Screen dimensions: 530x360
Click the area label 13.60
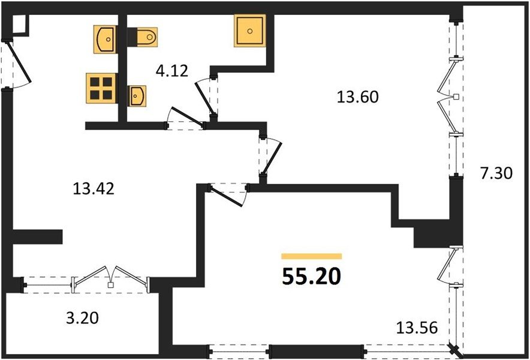click(x=357, y=97)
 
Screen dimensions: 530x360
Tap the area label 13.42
click(x=94, y=188)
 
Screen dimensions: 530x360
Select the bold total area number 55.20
click(x=311, y=277)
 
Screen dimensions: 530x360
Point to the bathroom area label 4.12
click(x=171, y=71)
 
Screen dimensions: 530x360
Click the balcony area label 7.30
click(x=496, y=173)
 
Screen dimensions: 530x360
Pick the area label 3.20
click(x=82, y=318)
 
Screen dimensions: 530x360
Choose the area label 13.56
click(x=417, y=328)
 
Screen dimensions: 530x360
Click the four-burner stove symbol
click(x=101, y=88)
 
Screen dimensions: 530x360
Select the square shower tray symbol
click(x=250, y=31)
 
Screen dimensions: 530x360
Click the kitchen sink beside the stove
click(x=105, y=39)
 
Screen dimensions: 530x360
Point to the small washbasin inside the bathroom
click(x=137, y=96)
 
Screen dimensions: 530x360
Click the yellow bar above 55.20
click(x=311, y=256)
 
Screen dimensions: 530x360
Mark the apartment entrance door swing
click(x=19, y=64)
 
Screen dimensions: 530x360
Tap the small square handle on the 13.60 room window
click(x=456, y=97)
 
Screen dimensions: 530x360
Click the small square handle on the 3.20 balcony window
click(x=110, y=285)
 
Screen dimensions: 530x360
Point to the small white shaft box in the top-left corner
click(x=19, y=25)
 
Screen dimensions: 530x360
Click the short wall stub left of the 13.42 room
click(x=37, y=236)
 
